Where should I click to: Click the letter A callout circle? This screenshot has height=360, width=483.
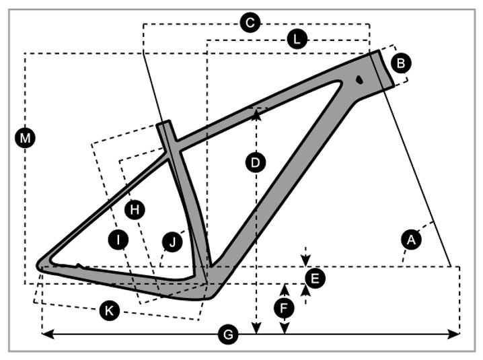click(412, 238)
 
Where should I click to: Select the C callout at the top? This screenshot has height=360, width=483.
click(250, 23)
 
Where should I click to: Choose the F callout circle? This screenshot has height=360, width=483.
click(285, 308)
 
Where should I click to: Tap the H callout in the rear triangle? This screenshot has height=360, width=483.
click(135, 210)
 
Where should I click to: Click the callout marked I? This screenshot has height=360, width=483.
click(119, 239)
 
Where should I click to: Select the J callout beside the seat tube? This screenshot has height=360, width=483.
click(173, 242)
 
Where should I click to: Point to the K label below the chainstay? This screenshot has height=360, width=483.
click(108, 310)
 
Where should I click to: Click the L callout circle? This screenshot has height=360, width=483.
click(296, 40)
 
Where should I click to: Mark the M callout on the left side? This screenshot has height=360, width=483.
click(25, 138)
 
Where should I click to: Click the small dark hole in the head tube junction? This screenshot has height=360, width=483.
click(359, 79)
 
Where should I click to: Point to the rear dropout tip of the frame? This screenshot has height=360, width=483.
click(41, 264)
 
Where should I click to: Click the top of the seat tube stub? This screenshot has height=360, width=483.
click(165, 124)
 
